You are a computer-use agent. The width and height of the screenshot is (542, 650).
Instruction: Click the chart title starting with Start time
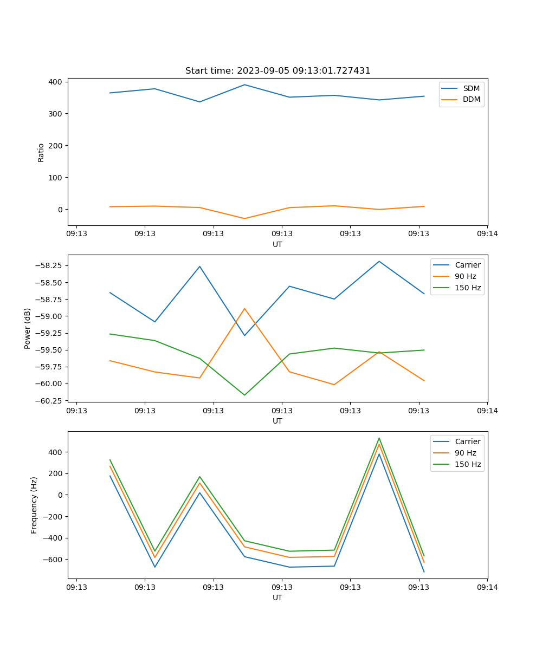(278, 71)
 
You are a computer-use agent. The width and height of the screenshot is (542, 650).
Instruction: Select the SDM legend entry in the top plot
(471, 88)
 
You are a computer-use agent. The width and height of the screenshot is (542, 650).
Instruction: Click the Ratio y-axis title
(41, 152)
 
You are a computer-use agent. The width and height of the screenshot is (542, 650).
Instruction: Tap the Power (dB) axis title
(28, 328)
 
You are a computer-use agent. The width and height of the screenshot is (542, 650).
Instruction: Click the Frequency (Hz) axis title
(34, 505)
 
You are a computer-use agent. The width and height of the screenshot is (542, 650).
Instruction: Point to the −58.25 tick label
(48, 265)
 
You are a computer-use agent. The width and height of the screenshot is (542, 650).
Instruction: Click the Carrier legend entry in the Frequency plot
(467, 441)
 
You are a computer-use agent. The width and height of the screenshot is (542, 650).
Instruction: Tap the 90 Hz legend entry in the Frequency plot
(465, 453)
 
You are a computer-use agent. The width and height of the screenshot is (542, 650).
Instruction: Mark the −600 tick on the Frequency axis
(51, 559)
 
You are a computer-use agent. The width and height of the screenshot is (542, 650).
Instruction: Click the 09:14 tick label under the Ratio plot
(487, 234)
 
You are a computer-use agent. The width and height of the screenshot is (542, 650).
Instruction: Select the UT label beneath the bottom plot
(278, 597)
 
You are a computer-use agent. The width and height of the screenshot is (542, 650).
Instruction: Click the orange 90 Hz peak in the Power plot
(244, 308)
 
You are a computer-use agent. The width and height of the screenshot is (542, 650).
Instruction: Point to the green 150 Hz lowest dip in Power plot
(244, 395)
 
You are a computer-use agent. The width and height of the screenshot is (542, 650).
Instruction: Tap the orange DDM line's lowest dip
(244, 218)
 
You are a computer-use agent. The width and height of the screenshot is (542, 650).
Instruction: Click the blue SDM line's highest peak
(244, 84)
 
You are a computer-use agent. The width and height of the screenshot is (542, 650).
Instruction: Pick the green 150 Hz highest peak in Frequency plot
(379, 438)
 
